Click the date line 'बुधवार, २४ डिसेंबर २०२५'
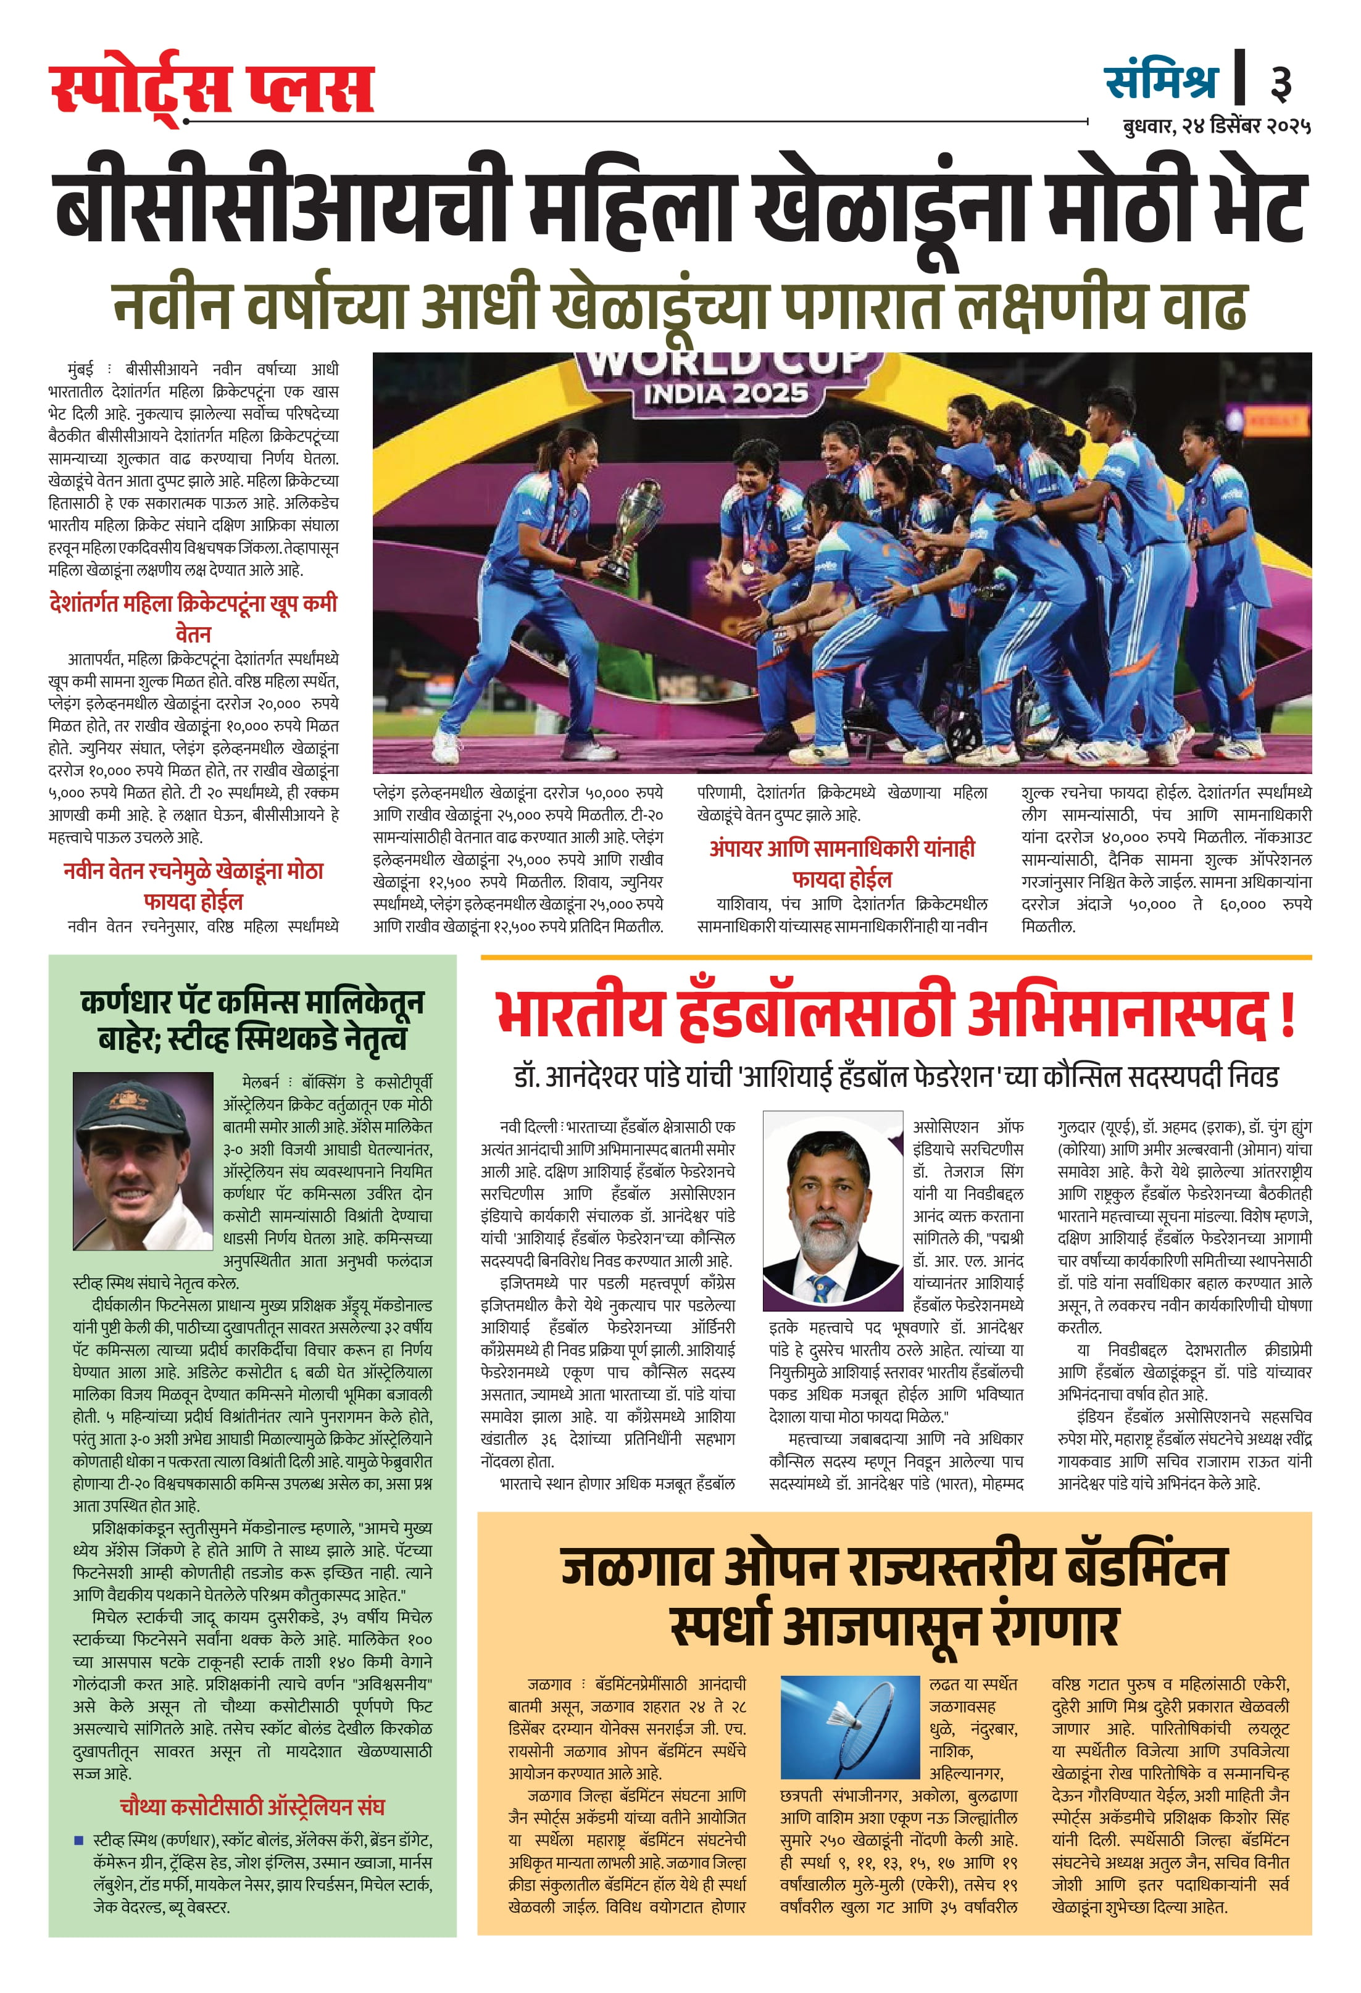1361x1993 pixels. click(x=1216, y=126)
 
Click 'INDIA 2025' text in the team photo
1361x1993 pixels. click(x=725, y=394)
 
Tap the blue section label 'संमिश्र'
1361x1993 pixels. click(x=1160, y=82)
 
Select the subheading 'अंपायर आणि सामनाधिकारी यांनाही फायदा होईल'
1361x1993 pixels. click(x=841, y=863)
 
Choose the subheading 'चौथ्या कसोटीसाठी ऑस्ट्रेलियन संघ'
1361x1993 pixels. click(x=252, y=1807)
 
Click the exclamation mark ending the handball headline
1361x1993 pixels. click(x=1286, y=1015)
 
